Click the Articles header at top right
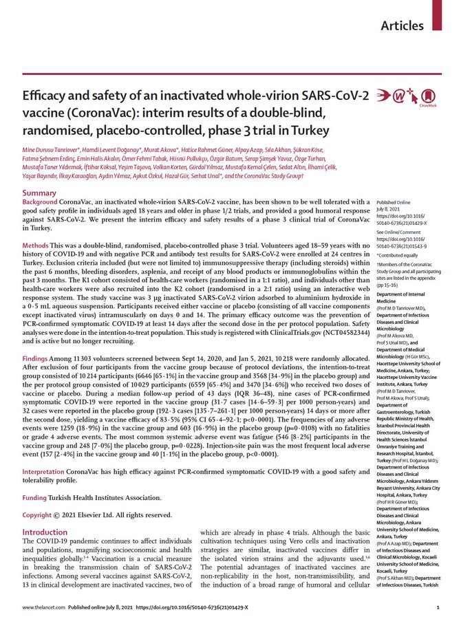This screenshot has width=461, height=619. point(402,25)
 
